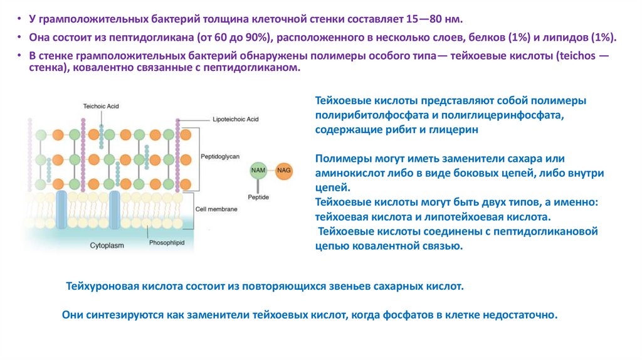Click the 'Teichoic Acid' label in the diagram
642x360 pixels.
(x=101, y=107)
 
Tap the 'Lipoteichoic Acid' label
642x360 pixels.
(x=236, y=119)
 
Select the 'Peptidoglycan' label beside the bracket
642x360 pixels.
(x=220, y=156)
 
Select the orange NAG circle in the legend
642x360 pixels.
(x=284, y=171)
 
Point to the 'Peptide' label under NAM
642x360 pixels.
(x=259, y=196)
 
